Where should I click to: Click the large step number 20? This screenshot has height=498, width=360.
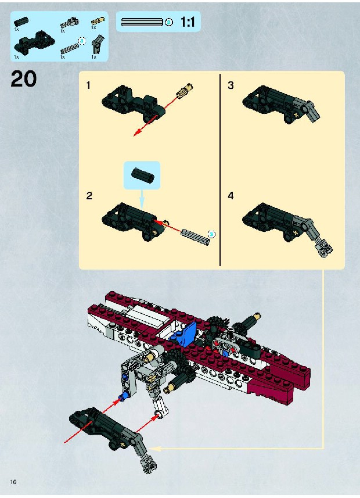[x=23, y=79]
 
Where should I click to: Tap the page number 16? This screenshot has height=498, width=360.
[x=13, y=482]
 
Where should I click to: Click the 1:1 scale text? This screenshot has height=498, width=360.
[x=188, y=22]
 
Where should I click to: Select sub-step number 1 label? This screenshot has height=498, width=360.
[x=88, y=85]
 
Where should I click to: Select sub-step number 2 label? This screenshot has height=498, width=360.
[x=89, y=196]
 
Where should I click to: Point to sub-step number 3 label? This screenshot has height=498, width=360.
[x=231, y=85]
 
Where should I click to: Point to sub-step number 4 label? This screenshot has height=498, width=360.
[x=231, y=196]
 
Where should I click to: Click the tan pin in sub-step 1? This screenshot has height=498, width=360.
[x=185, y=91]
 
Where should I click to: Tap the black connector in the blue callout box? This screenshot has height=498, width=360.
[x=143, y=174]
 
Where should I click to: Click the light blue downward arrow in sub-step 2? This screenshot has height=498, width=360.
[x=142, y=199]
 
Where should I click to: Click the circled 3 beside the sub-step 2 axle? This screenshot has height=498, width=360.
[x=211, y=234]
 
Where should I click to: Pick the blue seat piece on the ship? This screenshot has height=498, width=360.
[x=184, y=334]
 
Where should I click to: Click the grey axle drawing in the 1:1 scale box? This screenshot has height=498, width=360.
[x=142, y=22]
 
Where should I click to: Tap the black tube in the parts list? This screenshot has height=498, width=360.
[x=21, y=22]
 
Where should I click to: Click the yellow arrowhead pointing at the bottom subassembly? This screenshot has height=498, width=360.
[x=154, y=449]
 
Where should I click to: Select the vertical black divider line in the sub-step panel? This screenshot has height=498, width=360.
[x=220, y=170]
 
